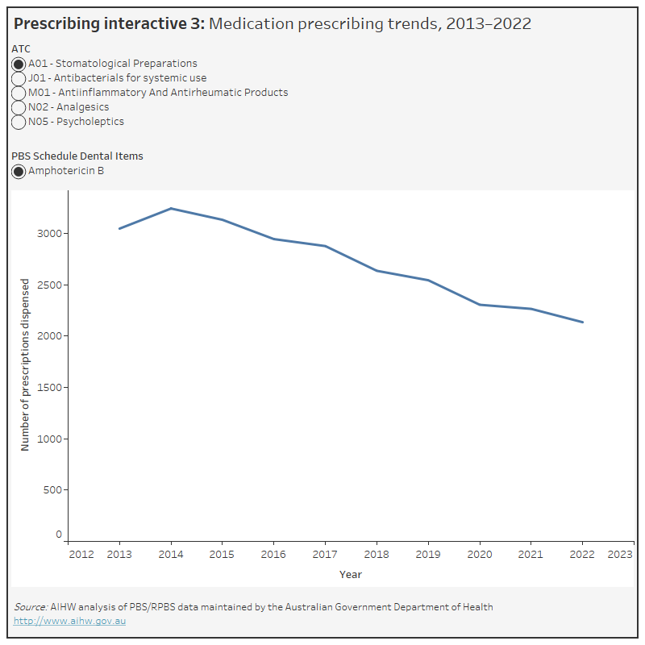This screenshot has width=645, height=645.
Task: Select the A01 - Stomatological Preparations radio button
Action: [19, 64]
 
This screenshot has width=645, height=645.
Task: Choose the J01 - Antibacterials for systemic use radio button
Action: [19, 78]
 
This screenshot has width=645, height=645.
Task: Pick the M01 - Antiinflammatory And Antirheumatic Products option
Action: [19, 93]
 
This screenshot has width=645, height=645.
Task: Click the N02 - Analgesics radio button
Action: [19, 107]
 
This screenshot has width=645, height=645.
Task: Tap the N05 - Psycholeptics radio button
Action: [19, 122]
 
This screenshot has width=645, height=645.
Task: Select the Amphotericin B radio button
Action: [19, 171]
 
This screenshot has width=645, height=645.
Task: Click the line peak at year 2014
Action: [171, 209]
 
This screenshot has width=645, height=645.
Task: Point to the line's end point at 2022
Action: [582, 322]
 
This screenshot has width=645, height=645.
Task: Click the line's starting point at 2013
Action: [119, 229]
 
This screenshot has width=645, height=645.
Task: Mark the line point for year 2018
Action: [377, 271]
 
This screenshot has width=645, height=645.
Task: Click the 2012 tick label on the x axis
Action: [81, 555]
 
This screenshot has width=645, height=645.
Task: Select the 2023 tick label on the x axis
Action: [619, 555]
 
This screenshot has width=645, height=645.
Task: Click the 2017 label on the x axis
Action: [325, 555]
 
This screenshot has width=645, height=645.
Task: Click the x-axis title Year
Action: [351, 575]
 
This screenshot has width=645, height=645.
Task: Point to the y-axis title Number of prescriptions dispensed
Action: [25, 364]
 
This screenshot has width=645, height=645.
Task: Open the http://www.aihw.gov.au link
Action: [69, 621]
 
